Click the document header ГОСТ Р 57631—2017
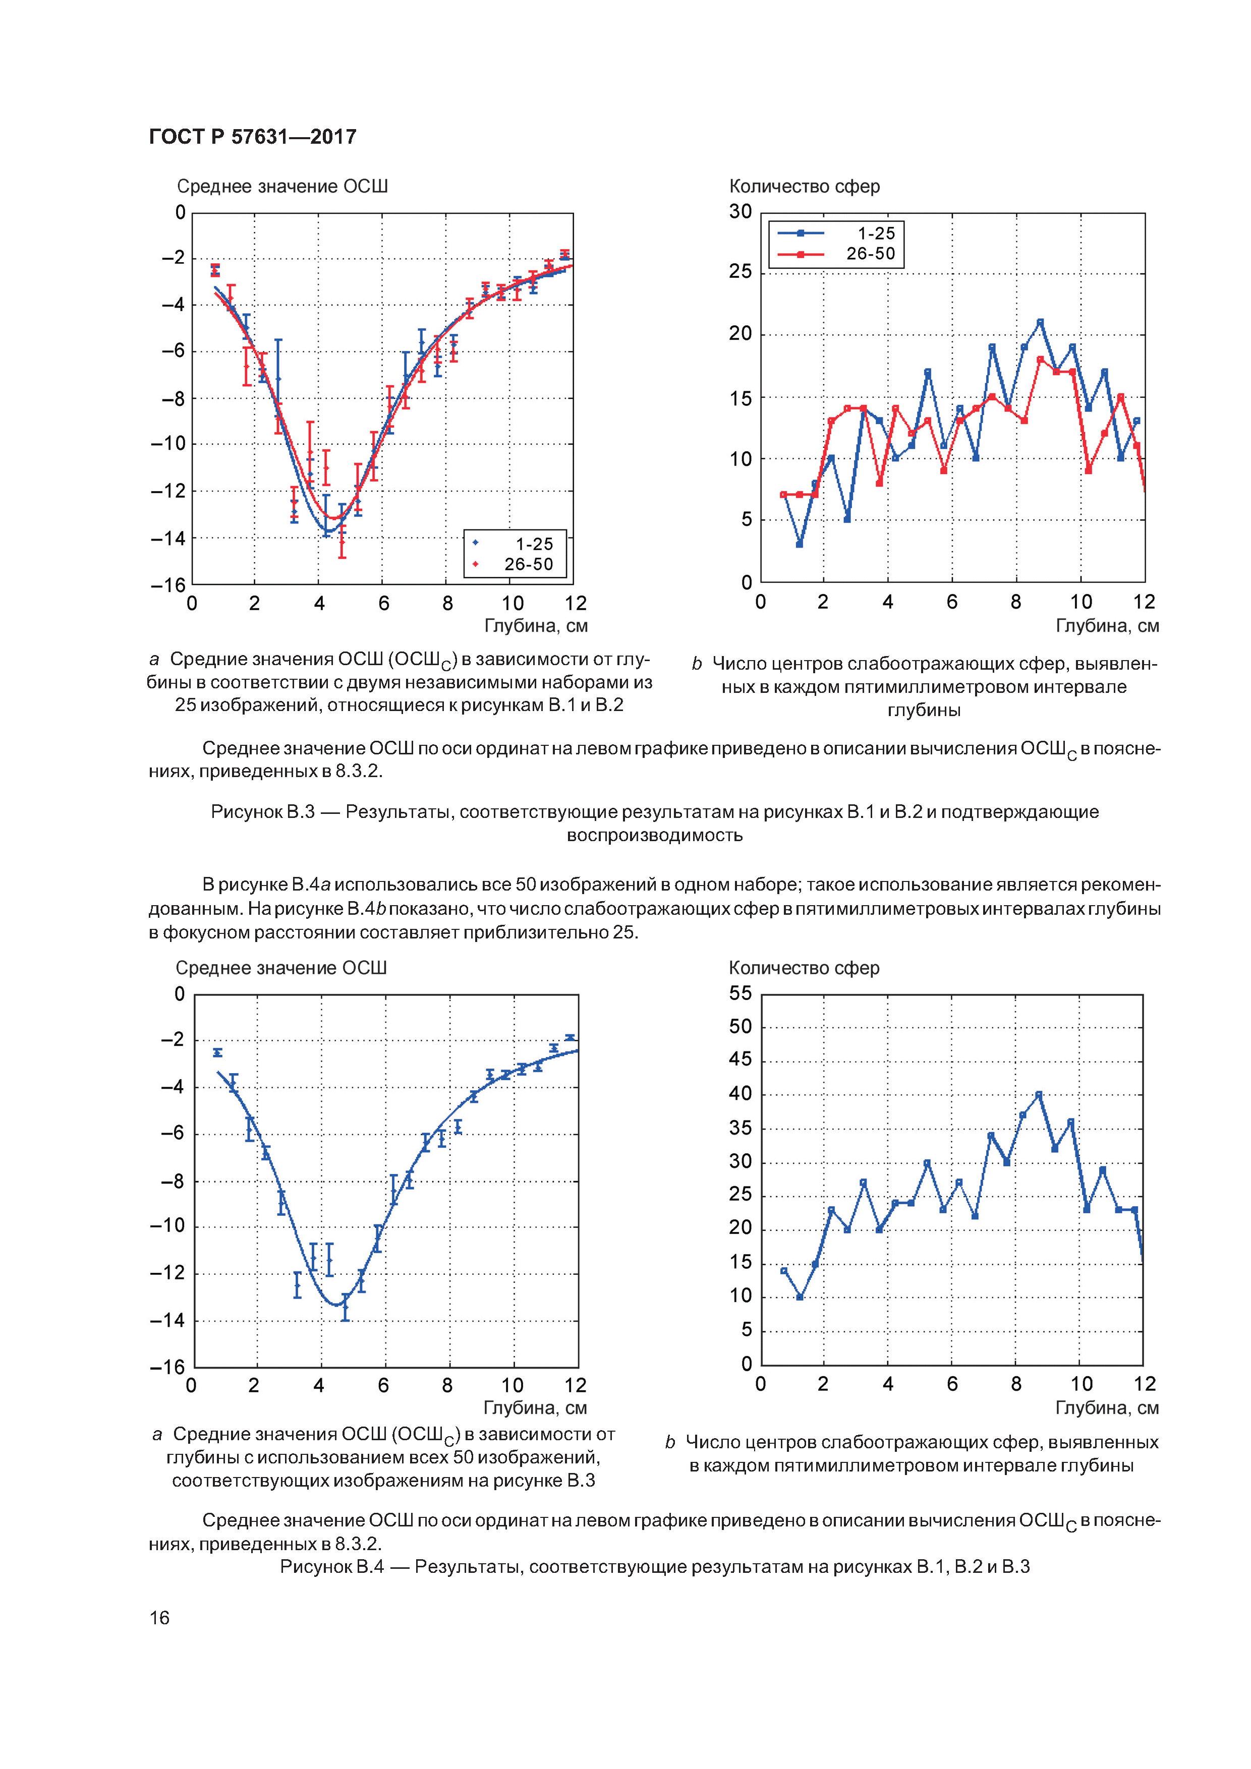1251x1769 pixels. tap(252, 137)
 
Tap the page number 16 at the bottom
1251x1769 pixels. tap(159, 1617)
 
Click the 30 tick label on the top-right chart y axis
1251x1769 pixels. tap(740, 212)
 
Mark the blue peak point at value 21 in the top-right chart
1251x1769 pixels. tap(1040, 322)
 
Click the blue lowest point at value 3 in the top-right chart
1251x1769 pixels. tap(800, 544)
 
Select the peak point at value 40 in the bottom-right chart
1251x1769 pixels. tap(1038, 1094)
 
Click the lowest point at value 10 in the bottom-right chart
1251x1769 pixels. tap(800, 1296)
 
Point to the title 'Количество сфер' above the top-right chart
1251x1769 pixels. tap(804, 187)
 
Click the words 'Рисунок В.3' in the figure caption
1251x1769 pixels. tap(262, 812)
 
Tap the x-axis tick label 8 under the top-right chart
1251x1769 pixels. tap(1016, 602)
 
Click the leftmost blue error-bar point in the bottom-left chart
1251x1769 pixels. tap(217, 1052)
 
